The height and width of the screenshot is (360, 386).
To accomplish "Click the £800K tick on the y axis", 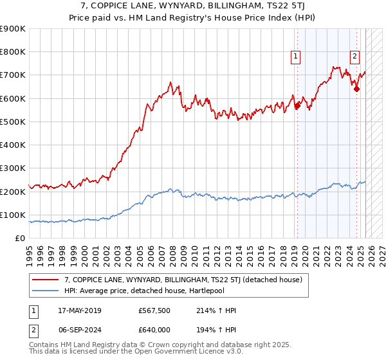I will click(13, 52).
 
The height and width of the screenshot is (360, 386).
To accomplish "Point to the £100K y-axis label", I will click(13, 215).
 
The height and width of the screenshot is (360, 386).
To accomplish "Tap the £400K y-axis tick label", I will click(13, 145).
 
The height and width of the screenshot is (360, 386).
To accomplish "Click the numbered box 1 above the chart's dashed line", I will click(296, 57).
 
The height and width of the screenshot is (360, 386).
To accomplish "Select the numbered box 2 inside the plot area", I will click(354, 57).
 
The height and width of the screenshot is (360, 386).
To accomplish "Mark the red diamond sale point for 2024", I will click(356, 89).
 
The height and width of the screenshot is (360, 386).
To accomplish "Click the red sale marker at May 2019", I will click(297, 106).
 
